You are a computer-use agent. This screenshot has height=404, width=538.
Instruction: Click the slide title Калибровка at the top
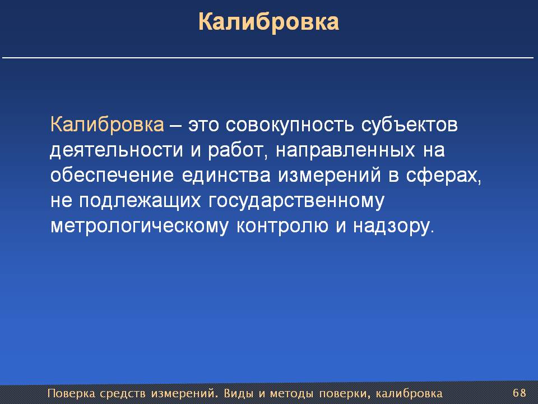click(x=268, y=22)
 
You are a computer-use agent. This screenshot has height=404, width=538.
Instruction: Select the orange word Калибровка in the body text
click(x=107, y=125)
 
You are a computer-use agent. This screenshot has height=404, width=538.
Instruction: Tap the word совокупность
click(x=290, y=125)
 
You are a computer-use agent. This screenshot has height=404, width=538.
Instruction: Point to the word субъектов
click(x=409, y=125)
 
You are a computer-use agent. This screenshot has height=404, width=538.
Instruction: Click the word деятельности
click(x=117, y=150)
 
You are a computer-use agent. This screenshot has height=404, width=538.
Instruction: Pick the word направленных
click(x=345, y=151)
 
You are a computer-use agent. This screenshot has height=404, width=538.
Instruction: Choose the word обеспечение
click(x=112, y=176)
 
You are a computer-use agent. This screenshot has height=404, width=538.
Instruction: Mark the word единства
click(x=226, y=176)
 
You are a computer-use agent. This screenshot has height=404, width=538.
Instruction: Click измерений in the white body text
click(x=330, y=176)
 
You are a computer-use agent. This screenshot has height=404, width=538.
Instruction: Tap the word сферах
click(x=444, y=176)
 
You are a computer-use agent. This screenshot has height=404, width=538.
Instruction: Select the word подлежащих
click(x=140, y=201)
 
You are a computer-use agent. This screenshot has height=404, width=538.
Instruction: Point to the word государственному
click(x=296, y=201)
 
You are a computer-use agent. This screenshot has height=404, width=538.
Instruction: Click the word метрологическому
click(x=139, y=227)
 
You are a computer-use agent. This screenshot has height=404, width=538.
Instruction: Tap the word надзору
click(x=393, y=227)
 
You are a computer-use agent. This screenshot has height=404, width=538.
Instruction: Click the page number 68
click(x=519, y=392)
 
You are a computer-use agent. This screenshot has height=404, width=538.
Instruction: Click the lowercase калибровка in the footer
click(x=409, y=393)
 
